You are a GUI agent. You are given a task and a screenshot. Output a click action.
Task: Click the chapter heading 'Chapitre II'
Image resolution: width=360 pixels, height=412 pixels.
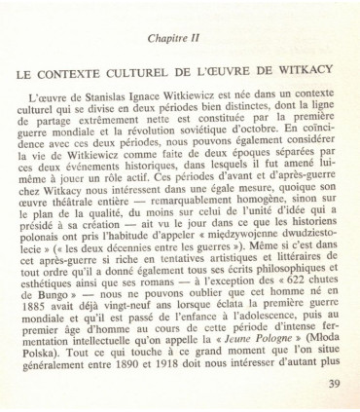tap(181, 36)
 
